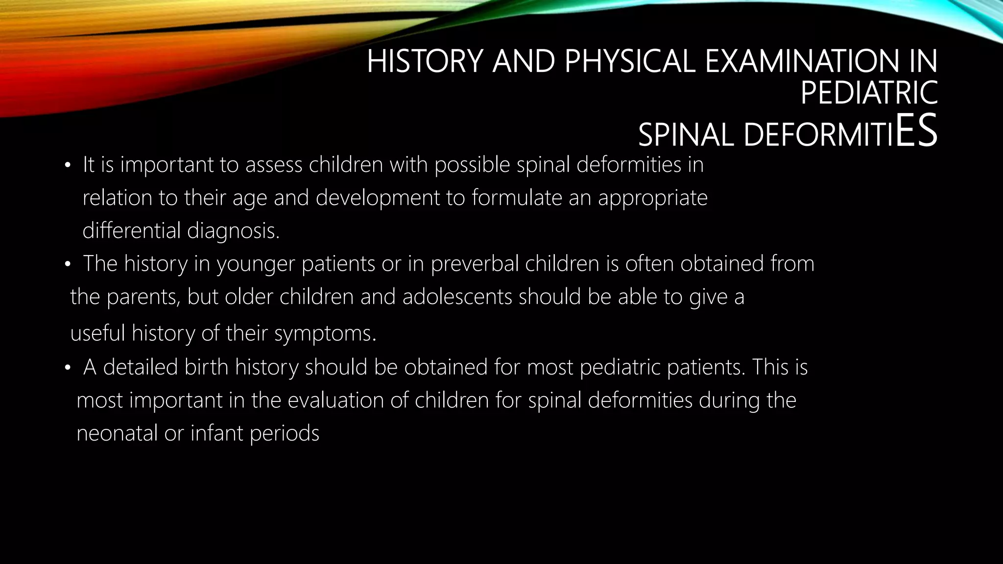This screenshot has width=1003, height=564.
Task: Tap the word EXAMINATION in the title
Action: [x=800, y=62]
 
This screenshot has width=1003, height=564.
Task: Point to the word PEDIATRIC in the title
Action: [x=869, y=93]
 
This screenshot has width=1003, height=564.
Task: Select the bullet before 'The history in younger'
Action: [x=68, y=265]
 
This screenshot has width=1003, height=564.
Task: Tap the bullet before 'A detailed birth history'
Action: [x=68, y=368]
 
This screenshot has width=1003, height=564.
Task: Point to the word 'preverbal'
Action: [x=475, y=264]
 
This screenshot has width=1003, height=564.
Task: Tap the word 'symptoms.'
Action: [x=325, y=334]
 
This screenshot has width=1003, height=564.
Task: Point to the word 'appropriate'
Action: [x=652, y=198]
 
